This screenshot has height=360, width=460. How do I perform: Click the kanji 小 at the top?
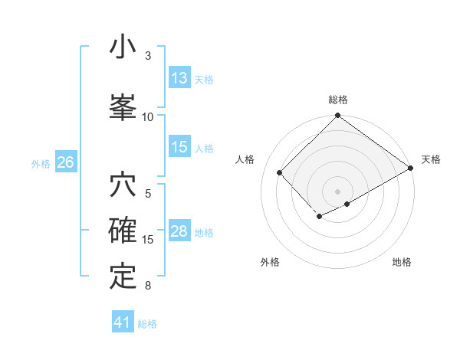click(x=123, y=47)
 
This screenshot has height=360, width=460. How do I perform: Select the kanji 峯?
click(x=123, y=106)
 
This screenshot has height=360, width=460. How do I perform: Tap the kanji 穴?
click(x=123, y=185)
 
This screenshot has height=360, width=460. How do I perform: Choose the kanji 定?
click(x=123, y=277)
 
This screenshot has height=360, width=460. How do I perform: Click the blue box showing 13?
click(x=179, y=78)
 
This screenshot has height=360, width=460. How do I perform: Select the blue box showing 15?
click(x=179, y=148)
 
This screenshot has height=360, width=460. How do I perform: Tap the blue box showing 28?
click(x=179, y=232)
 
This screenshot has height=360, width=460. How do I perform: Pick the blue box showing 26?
click(x=65, y=162)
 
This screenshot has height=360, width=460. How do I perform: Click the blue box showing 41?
click(x=123, y=322)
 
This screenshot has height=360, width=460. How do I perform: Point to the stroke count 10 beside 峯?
click(x=147, y=116)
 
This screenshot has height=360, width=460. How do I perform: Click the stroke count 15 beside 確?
click(x=147, y=240)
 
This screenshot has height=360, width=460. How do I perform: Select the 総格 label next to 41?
click(x=147, y=324)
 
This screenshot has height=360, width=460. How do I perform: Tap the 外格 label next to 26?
click(x=41, y=163)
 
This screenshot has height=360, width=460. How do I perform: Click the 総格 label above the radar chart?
click(x=338, y=100)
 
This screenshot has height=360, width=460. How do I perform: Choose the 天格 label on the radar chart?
click(x=432, y=159)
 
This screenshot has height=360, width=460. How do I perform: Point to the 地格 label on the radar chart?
click(x=402, y=262)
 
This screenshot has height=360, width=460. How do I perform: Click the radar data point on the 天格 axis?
click(x=411, y=169)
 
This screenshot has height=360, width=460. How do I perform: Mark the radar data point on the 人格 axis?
click(x=280, y=172)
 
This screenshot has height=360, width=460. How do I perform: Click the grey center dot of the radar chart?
click(x=337, y=191)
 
